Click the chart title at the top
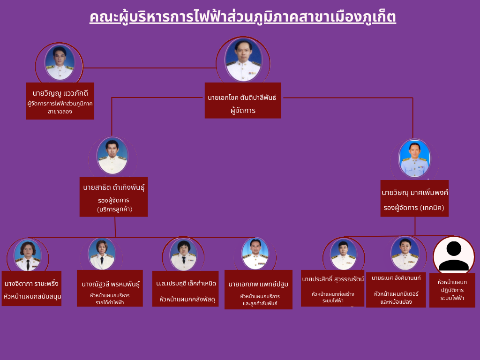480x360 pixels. (x=243, y=17)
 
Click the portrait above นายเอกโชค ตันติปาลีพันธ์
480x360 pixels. (x=243, y=60)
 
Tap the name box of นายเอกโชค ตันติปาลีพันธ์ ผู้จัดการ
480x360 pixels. (x=243, y=100)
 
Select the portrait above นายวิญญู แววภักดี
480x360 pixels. (x=60, y=63)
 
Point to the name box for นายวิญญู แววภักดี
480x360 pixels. (x=60, y=101)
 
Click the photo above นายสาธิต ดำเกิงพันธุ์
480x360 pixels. (x=112, y=156)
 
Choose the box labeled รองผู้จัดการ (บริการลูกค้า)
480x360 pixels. (x=113, y=197)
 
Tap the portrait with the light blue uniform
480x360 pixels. (x=414, y=158)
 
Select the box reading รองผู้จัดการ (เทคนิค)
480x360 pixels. (x=414, y=198)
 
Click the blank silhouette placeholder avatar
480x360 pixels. (x=453, y=255)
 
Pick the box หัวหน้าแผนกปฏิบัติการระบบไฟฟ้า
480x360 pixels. (x=452, y=290)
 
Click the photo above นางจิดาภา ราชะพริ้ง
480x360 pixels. (x=28, y=255)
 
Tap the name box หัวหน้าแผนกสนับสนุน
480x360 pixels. (x=31, y=288)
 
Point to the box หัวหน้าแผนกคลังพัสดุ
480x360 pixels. (x=185, y=289)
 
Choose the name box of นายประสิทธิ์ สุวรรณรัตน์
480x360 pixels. (x=332, y=288)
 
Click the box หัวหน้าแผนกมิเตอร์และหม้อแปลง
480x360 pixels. (x=396, y=290)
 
